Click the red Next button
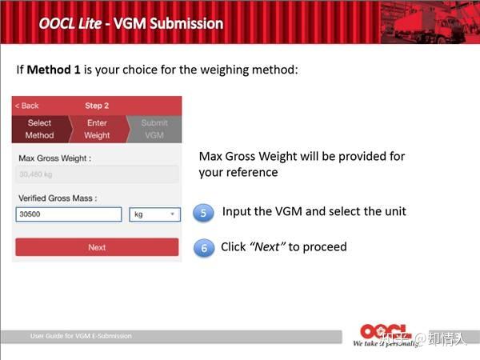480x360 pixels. [x=97, y=247]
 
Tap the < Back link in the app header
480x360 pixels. [x=27, y=106]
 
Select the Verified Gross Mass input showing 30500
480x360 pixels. [x=69, y=214]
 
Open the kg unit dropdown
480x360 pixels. [x=154, y=214]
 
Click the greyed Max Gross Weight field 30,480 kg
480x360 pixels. [x=96, y=175]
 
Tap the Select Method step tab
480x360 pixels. [x=40, y=129]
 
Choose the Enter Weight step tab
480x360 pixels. [x=97, y=129]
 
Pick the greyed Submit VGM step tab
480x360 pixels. [x=154, y=129]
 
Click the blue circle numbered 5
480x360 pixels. [x=204, y=213]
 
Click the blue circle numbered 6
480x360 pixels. [x=204, y=248]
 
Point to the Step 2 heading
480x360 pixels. [x=97, y=106]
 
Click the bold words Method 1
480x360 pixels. [x=53, y=70]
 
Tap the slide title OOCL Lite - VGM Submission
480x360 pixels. [x=131, y=23]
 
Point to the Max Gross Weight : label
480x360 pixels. [x=54, y=158]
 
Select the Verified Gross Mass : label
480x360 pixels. [x=57, y=198]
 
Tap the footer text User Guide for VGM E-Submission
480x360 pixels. [x=81, y=336]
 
